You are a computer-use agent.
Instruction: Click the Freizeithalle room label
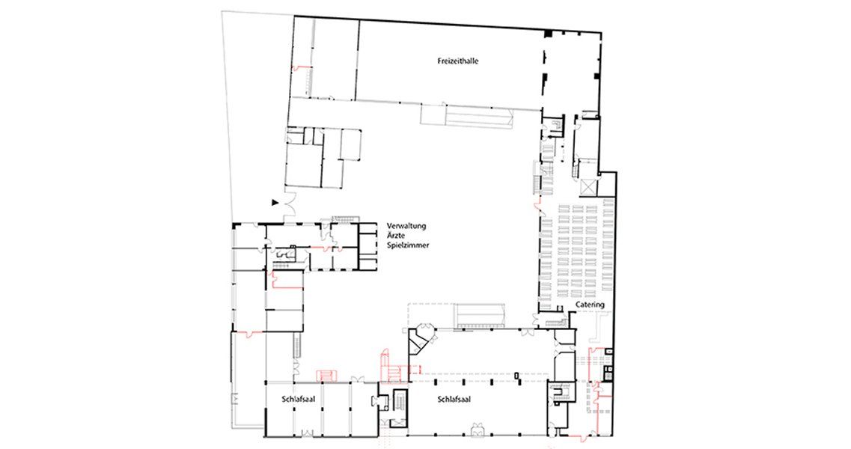[x=457, y=61]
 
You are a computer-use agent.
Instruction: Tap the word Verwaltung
[x=407, y=226]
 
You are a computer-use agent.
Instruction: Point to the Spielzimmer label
[x=408, y=245]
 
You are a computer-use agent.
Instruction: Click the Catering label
[x=590, y=305]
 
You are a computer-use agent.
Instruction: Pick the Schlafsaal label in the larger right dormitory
[x=454, y=400]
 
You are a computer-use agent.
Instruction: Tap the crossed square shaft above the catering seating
[x=588, y=186]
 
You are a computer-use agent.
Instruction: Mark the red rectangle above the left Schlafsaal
[x=327, y=375]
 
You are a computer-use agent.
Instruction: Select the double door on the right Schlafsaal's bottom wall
[x=478, y=430]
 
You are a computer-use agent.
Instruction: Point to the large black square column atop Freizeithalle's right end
[x=548, y=34]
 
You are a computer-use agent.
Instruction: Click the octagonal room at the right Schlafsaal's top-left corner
[x=421, y=332]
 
